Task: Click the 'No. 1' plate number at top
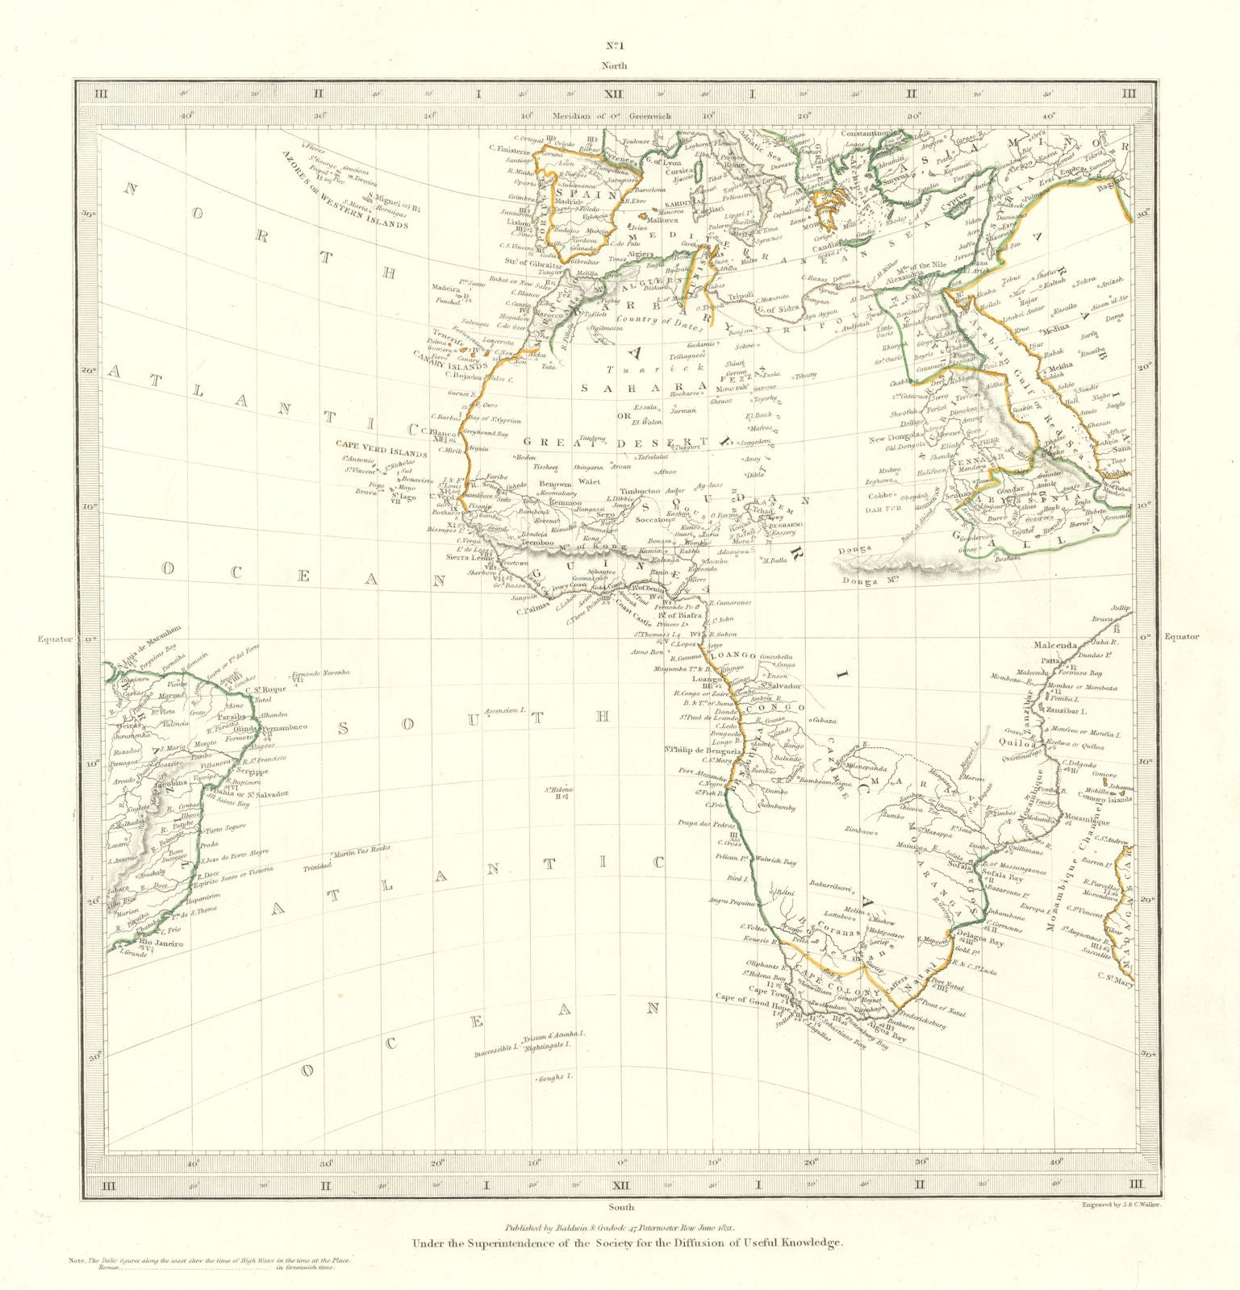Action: point(619,47)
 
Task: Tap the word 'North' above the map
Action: point(619,66)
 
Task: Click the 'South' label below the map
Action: point(621,1207)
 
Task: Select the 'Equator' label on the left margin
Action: point(54,638)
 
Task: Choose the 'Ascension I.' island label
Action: point(505,712)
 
